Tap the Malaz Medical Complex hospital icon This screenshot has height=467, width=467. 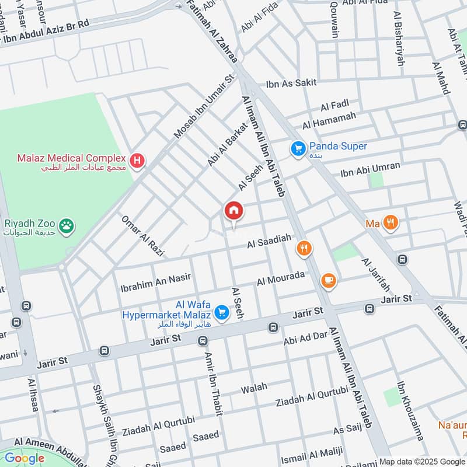137,159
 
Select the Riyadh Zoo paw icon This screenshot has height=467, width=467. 68,225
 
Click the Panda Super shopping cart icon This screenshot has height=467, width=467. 298,149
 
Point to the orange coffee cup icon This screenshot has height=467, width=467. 329,281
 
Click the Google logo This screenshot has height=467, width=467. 25,458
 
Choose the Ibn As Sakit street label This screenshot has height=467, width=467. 291,83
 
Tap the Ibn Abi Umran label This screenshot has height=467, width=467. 371,169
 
